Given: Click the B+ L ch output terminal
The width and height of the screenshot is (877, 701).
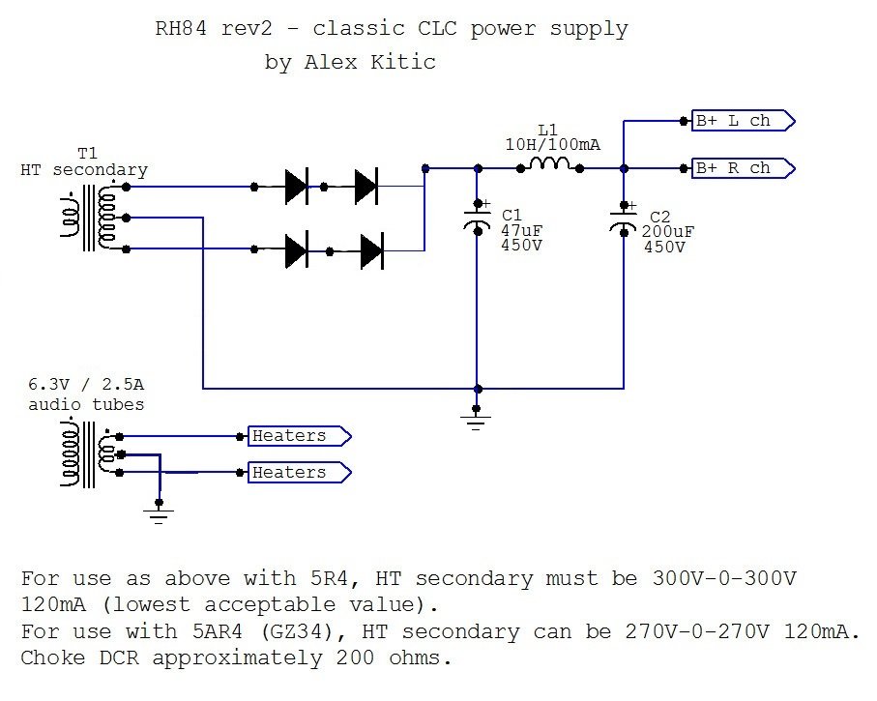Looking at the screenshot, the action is (x=744, y=121).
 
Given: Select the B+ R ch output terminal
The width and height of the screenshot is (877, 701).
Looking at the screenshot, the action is (x=744, y=168).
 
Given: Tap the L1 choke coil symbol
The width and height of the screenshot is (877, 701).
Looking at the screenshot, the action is (x=550, y=164).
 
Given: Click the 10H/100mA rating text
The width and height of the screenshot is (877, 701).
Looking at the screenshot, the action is (x=553, y=145).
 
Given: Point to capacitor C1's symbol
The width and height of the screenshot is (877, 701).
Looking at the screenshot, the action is (x=478, y=219).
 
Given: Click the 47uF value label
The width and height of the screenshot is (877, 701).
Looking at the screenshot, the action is (x=521, y=230).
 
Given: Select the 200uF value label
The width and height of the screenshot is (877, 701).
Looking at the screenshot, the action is (x=668, y=232).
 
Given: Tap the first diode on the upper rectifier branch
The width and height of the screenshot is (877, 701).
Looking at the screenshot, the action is (x=297, y=187).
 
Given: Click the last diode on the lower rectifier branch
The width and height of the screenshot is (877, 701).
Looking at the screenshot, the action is (x=372, y=251).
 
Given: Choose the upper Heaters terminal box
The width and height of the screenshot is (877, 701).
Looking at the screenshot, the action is (x=300, y=436).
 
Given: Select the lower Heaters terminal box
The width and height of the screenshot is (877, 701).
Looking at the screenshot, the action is (x=300, y=473).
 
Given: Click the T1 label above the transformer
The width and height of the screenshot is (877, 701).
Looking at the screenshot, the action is (x=87, y=153).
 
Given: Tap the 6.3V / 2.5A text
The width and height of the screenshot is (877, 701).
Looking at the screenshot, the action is (x=86, y=385).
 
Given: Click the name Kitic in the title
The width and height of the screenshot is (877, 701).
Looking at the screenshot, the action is (x=402, y=62).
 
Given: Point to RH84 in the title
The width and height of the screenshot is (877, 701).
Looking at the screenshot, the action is (x=181, y=28).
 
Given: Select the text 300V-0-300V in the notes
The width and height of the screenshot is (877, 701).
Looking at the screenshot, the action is (x=724, y=578).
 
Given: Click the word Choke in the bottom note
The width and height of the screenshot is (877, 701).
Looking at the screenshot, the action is (x=52, y=657).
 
